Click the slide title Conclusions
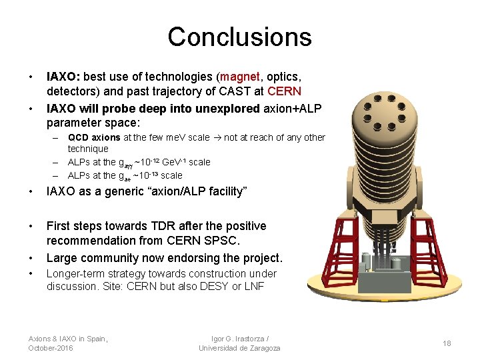tap(239, 37)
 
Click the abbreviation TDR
tap(158, 226)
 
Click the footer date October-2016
tap(51, 349)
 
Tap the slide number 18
tap(447, 343)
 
